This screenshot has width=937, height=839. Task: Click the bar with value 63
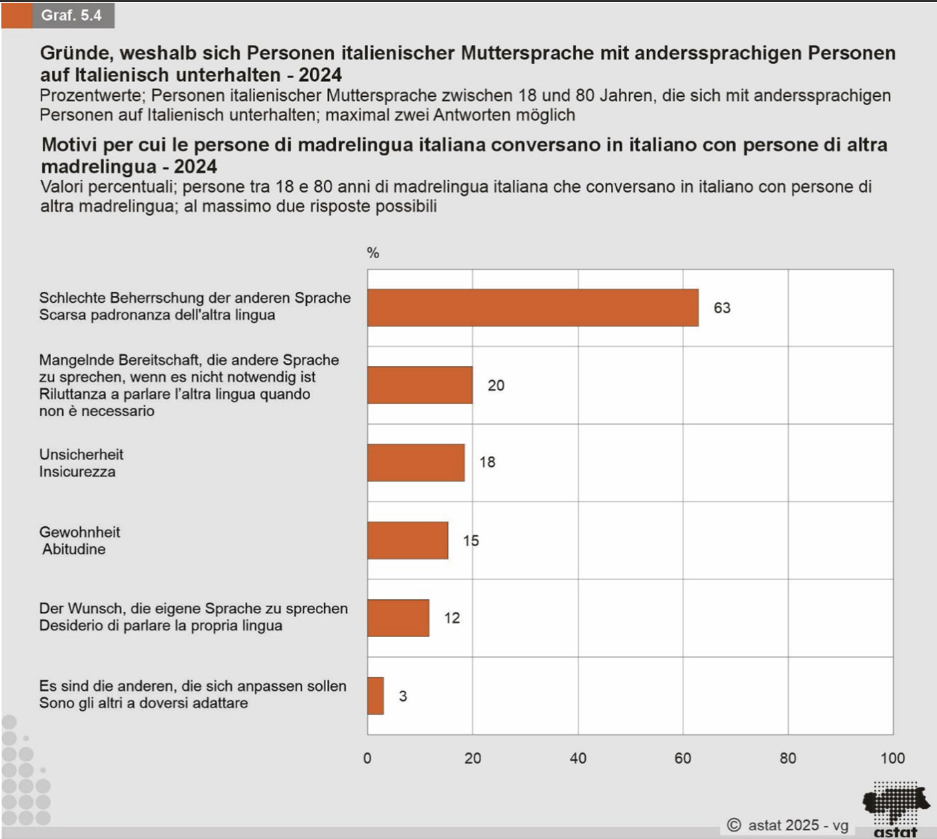pyautogui.click(x=532, y=307)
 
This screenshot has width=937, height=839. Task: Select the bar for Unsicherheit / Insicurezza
pyautogui.click(x=416, y=463)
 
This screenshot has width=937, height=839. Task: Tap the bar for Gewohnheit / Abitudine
pyautogui.click(x=407, y=540)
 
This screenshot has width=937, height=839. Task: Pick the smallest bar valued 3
pyautogui.click(x=376, y=696)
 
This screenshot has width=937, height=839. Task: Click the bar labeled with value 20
pyautogui.click(x=420, y=385)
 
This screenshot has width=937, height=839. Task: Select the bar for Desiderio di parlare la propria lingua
pyautogui.click(x=398, y=618)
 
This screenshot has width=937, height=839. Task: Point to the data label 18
pyautogui.click(x=487, y=462)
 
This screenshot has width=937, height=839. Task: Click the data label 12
pyautogui.click(x=452, y=618)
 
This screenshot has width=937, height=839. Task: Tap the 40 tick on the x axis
pyautogui.click(x=578, y=758)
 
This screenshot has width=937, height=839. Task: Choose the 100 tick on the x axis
pyautogui.click(x=892, y=758)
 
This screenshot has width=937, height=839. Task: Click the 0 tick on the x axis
pyautogui.click(x=367, y=758)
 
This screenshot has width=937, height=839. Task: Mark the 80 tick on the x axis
pyautogui.click(x=788, y=758)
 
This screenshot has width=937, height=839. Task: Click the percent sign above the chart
pyautogui.click(x=373, y=253)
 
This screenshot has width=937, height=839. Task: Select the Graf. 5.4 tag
pyautogui.click(x=71, y=15)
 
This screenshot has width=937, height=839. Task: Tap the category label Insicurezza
pyautogui.click(x=77, y=472)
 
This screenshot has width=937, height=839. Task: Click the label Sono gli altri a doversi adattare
pyautogui.click(x=143, y=703)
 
